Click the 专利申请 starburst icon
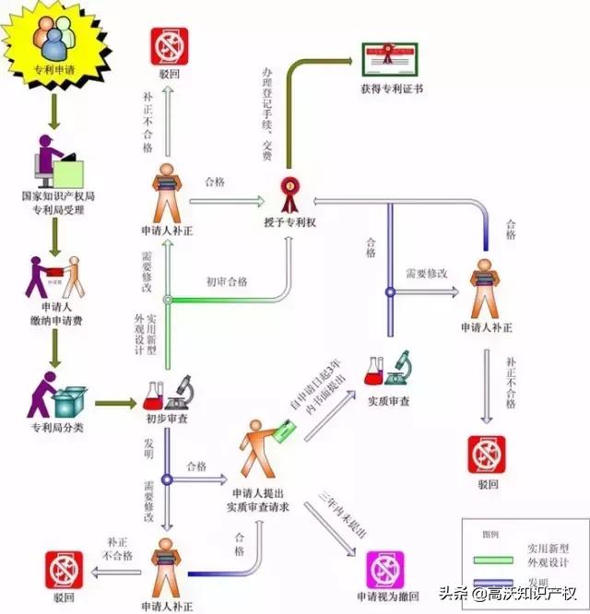55,43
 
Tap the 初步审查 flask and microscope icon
167,395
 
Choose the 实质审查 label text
389,402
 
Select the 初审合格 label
227,281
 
